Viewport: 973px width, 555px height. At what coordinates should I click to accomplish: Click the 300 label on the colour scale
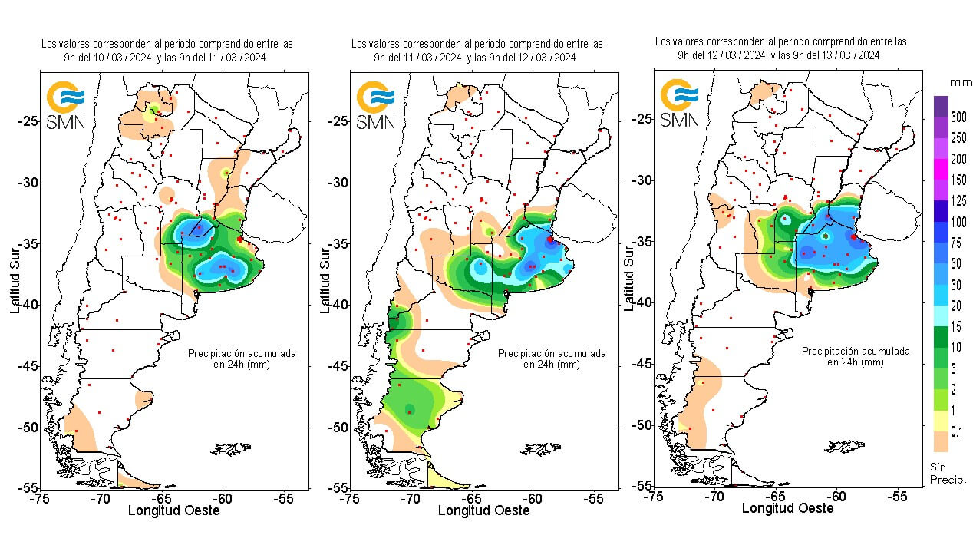[958, 117]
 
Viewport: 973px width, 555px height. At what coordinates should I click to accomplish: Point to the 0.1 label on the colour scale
[957, 432]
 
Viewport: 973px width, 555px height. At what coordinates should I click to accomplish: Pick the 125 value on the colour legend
[958, 200]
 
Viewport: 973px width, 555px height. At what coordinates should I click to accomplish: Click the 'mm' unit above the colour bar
[961, 81]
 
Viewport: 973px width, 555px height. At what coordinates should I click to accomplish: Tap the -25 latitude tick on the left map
[28, 121]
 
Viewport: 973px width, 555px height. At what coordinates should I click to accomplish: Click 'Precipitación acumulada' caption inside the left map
[242, 354]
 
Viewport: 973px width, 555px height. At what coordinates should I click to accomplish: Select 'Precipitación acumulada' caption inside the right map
[856, 351]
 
